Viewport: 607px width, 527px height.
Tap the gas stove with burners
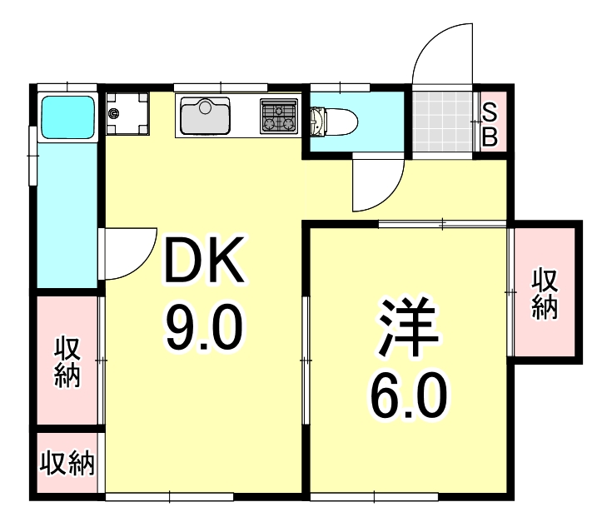(279, 116)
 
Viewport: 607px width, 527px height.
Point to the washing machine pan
(132, 115)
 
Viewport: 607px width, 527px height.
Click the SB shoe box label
(490, 124)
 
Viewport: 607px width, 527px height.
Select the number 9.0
(204, 326)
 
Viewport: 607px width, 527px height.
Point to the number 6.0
(408, 397)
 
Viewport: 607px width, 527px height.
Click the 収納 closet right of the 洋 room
(545, 292)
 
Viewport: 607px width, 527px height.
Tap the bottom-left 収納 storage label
(67, 463)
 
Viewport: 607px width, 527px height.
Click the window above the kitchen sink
(221, 87)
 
